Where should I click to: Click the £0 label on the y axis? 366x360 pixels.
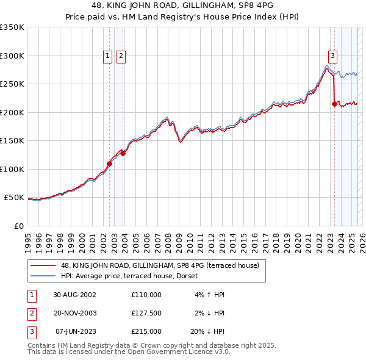pyautogui.click(x=19, y=226)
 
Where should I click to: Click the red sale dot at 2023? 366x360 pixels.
pyautogui.click(x=334, y=104)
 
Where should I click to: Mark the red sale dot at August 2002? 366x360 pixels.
pyautogui.click(x=110, y=164)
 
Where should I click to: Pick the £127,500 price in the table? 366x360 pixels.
pyautogui.click(x=146, y=313)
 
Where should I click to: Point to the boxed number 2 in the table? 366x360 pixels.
pyautogui.click(x=30, y=313)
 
